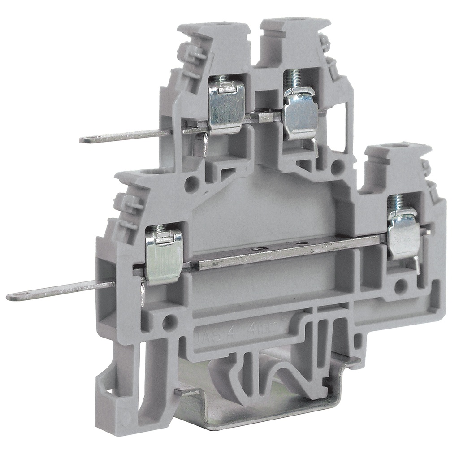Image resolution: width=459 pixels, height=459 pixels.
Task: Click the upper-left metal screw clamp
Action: [227, 107]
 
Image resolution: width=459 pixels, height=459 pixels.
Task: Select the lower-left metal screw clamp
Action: [164, 257]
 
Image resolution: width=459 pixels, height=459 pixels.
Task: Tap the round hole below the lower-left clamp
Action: [169, 321]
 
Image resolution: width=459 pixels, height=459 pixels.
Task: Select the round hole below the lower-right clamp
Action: [400, 286]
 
